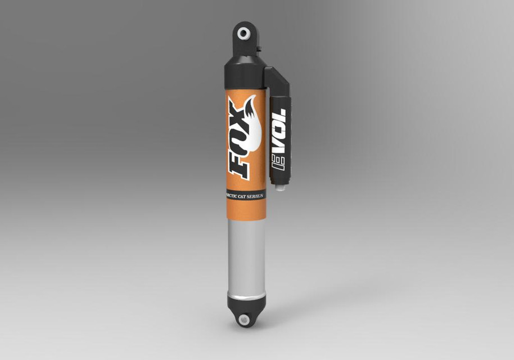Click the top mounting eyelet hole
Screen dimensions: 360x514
(244, 33)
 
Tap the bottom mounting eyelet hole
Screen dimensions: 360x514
(244, 320)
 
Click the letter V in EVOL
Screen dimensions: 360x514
(279, 146)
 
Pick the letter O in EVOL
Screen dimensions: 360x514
(279, 129)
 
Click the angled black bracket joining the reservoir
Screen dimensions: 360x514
(277, 82)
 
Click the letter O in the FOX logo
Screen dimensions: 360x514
(239, 138)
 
